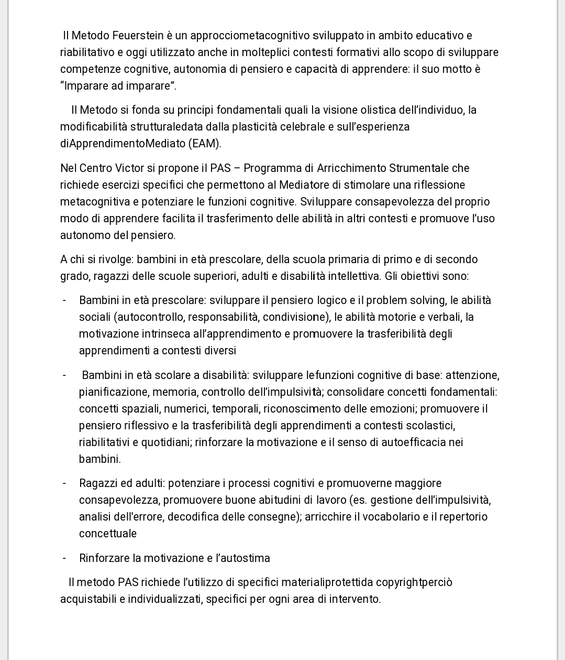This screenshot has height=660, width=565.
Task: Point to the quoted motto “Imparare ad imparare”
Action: [x=118, y=86]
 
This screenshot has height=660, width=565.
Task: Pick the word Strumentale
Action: [x=419, y=168]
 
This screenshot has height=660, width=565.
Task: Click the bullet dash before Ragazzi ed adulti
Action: [x=64, y=483]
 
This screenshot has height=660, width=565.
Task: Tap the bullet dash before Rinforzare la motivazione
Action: [x=64, y=558]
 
